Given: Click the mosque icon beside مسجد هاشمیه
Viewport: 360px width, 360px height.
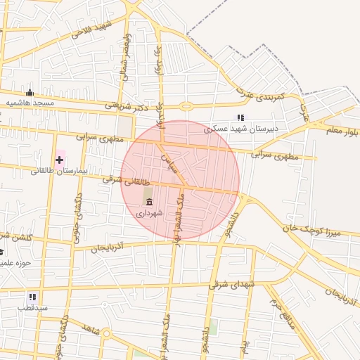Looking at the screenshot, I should pyautogui.click(x=30, y=92).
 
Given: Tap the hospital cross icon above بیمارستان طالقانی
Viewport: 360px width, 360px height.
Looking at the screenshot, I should pyautogui.click(x=59, y=160).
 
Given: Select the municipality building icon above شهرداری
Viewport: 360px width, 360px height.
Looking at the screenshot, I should pyautogui.click(x=149, y=202).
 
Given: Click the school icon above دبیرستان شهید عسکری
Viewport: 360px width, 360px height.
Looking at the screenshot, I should pyautogui.click(x=240, y=118).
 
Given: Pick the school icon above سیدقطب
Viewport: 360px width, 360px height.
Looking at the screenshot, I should pyautogui.click(x=32, y=297).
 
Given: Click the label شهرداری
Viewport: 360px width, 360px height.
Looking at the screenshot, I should pyautogui.click(x=150, y=212).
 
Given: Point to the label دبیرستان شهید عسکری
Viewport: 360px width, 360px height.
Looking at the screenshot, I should pyautogui.click(x=241, y=129).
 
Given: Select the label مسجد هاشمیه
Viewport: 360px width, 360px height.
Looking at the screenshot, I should pyautogui.click(x=30, y=103).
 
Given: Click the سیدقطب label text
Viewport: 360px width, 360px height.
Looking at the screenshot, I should pyautogui.click(x=33, y=308).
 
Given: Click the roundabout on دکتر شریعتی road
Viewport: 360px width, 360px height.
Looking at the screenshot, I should pyautogui.click(x=186, y=107).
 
